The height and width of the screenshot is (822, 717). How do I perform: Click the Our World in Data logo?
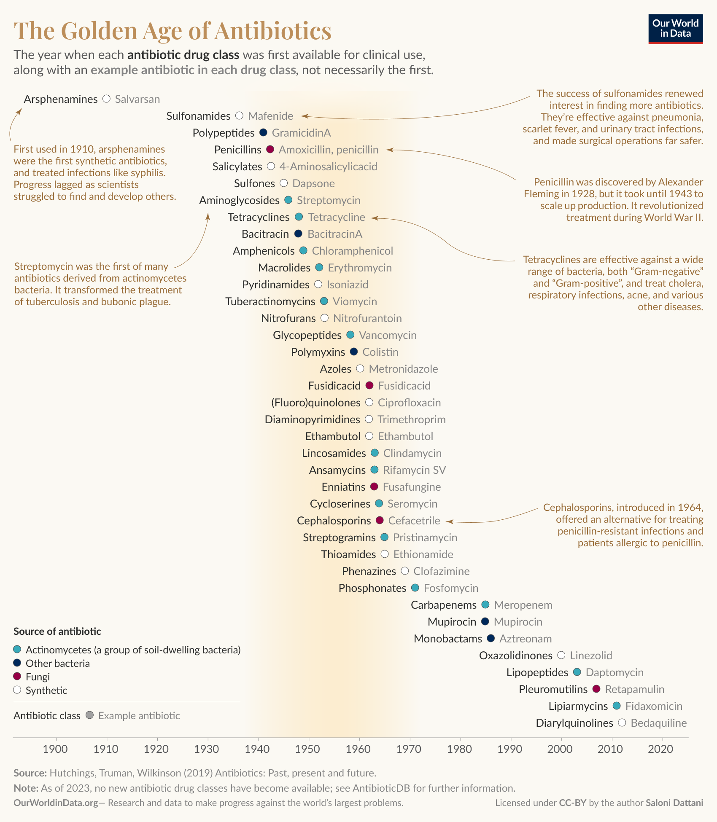tap(675, 29)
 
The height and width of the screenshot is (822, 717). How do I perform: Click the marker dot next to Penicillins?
tap(270, 149)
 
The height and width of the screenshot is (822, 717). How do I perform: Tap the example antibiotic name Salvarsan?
tap(137, 99)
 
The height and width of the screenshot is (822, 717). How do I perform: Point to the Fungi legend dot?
tap(17, 676)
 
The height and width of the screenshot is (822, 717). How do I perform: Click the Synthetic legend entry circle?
tap(17, 690)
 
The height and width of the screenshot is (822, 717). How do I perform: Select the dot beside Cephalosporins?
tap(380, 520)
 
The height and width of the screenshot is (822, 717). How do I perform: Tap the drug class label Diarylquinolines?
tap(574, 723)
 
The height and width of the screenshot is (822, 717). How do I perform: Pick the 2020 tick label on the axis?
tap(660, 749)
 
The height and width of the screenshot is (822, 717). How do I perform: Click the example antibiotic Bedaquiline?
tap(658, 723)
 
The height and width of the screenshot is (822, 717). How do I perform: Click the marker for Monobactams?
tap(491, 638)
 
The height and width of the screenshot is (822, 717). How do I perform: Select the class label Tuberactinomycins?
tap(270, 301)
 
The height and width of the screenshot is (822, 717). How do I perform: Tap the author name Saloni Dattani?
tap(674, 803)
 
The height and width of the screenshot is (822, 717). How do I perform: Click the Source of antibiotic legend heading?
tap(57, 631)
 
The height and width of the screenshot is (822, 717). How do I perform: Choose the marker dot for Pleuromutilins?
tap(596, 689)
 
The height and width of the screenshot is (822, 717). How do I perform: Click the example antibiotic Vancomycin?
tap(388, 335)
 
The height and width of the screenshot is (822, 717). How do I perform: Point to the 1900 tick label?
tap(55, 749)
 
